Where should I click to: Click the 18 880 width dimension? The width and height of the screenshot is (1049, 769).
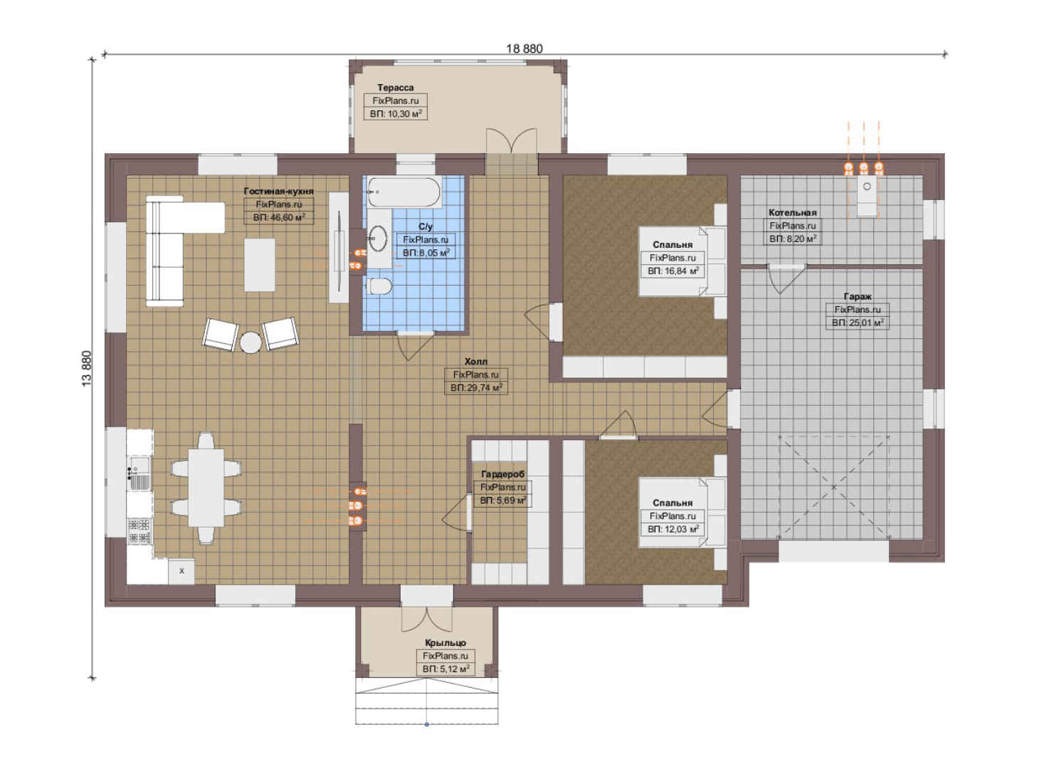click(524, 48)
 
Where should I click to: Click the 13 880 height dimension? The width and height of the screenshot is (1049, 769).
click(87, 368)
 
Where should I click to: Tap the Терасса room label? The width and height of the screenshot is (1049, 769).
click(395, 88)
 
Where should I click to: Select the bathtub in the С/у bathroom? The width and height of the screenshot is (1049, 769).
click(404, 192)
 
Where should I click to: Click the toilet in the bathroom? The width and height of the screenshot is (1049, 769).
click(379, 286)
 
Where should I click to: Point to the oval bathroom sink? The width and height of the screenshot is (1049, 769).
click(377, 239)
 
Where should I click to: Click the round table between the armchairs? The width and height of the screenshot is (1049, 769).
click(251, 342)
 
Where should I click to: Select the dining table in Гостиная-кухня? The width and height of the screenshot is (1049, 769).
click(206, 487)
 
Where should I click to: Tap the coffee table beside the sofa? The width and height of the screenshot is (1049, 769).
click(260, 265)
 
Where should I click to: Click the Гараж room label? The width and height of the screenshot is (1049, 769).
click(858, 297)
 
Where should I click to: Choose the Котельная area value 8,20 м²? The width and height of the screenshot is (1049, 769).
click(793, 239)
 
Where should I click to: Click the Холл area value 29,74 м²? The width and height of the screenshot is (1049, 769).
click(476, 388)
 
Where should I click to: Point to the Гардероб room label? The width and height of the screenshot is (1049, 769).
click(502, 474)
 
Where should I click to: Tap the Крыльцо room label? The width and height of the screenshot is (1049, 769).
click(446, 642)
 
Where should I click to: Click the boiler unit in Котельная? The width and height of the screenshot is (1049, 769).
click(867, 196)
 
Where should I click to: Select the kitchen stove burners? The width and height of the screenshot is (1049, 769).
click(139, 530)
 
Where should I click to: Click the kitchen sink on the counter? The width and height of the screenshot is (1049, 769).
click(139, 473)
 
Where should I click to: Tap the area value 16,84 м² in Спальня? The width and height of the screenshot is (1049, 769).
click(673, 271)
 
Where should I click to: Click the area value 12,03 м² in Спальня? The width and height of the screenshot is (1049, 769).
click(673, 529)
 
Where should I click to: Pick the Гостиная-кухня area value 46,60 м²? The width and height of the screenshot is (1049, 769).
click(279, 217)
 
